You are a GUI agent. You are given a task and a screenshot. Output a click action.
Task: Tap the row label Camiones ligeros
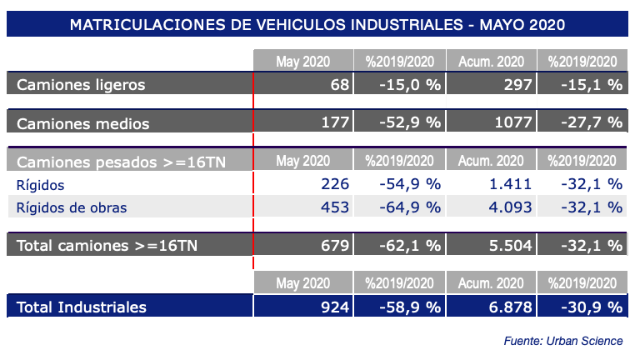point(81,84)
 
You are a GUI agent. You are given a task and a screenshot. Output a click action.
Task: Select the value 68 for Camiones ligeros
point(339,84)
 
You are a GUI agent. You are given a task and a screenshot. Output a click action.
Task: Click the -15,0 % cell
point(409,84)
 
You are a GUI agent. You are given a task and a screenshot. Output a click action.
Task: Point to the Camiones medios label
point(83,123)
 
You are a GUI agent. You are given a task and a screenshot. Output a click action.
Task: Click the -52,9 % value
point(407,123)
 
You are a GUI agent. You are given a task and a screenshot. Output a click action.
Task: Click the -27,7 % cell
point(590,123)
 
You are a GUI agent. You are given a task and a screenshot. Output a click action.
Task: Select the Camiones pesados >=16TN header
point(122,161)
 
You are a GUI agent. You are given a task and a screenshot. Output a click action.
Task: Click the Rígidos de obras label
point(72,207)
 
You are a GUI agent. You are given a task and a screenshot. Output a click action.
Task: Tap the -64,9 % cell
point(407,207)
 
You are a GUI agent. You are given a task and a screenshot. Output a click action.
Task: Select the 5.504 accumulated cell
point(507,245)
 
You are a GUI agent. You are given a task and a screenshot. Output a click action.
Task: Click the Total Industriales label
point(82,307)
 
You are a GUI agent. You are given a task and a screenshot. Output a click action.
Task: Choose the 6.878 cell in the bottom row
point(507,307)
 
